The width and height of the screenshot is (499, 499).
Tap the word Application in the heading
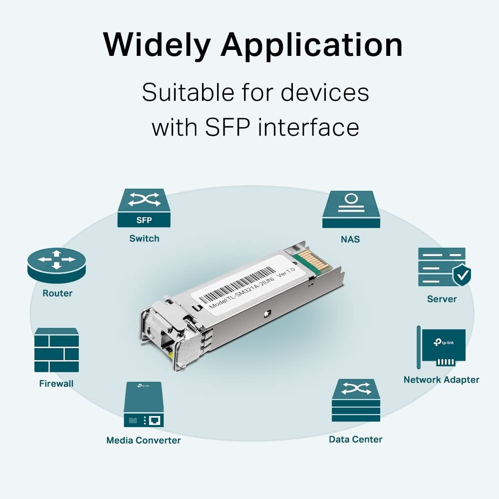tap(311, 46)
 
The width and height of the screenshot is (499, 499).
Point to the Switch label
tap(144, 239)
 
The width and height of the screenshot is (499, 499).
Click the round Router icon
tap(57, 265)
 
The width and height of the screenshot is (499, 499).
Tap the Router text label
tap(57, 293)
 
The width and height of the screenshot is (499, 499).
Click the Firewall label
tap(56, 384)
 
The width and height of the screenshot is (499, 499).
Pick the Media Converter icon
tap(143, 404)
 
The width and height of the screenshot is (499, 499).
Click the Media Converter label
tap(143, 440)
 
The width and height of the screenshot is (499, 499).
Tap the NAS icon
tap(351, 209)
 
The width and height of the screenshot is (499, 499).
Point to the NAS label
tap(350, 240)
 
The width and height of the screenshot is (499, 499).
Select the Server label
tap(442, 299)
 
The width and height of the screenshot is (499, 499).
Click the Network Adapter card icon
tap(442, 347)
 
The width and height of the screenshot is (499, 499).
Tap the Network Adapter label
tap(441, 380)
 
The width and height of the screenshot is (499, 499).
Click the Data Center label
tap(355, 440)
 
